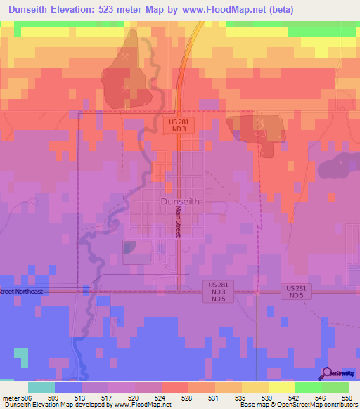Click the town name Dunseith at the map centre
[x=180, y=201]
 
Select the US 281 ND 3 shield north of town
[x=177, y=125]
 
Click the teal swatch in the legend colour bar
[x=41, y=387]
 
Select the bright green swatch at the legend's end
[x=335, y=387]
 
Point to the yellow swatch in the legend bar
[x=282, y=387]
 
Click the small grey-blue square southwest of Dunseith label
[x=131, y=247]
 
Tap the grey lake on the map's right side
[x=338, y=167]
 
